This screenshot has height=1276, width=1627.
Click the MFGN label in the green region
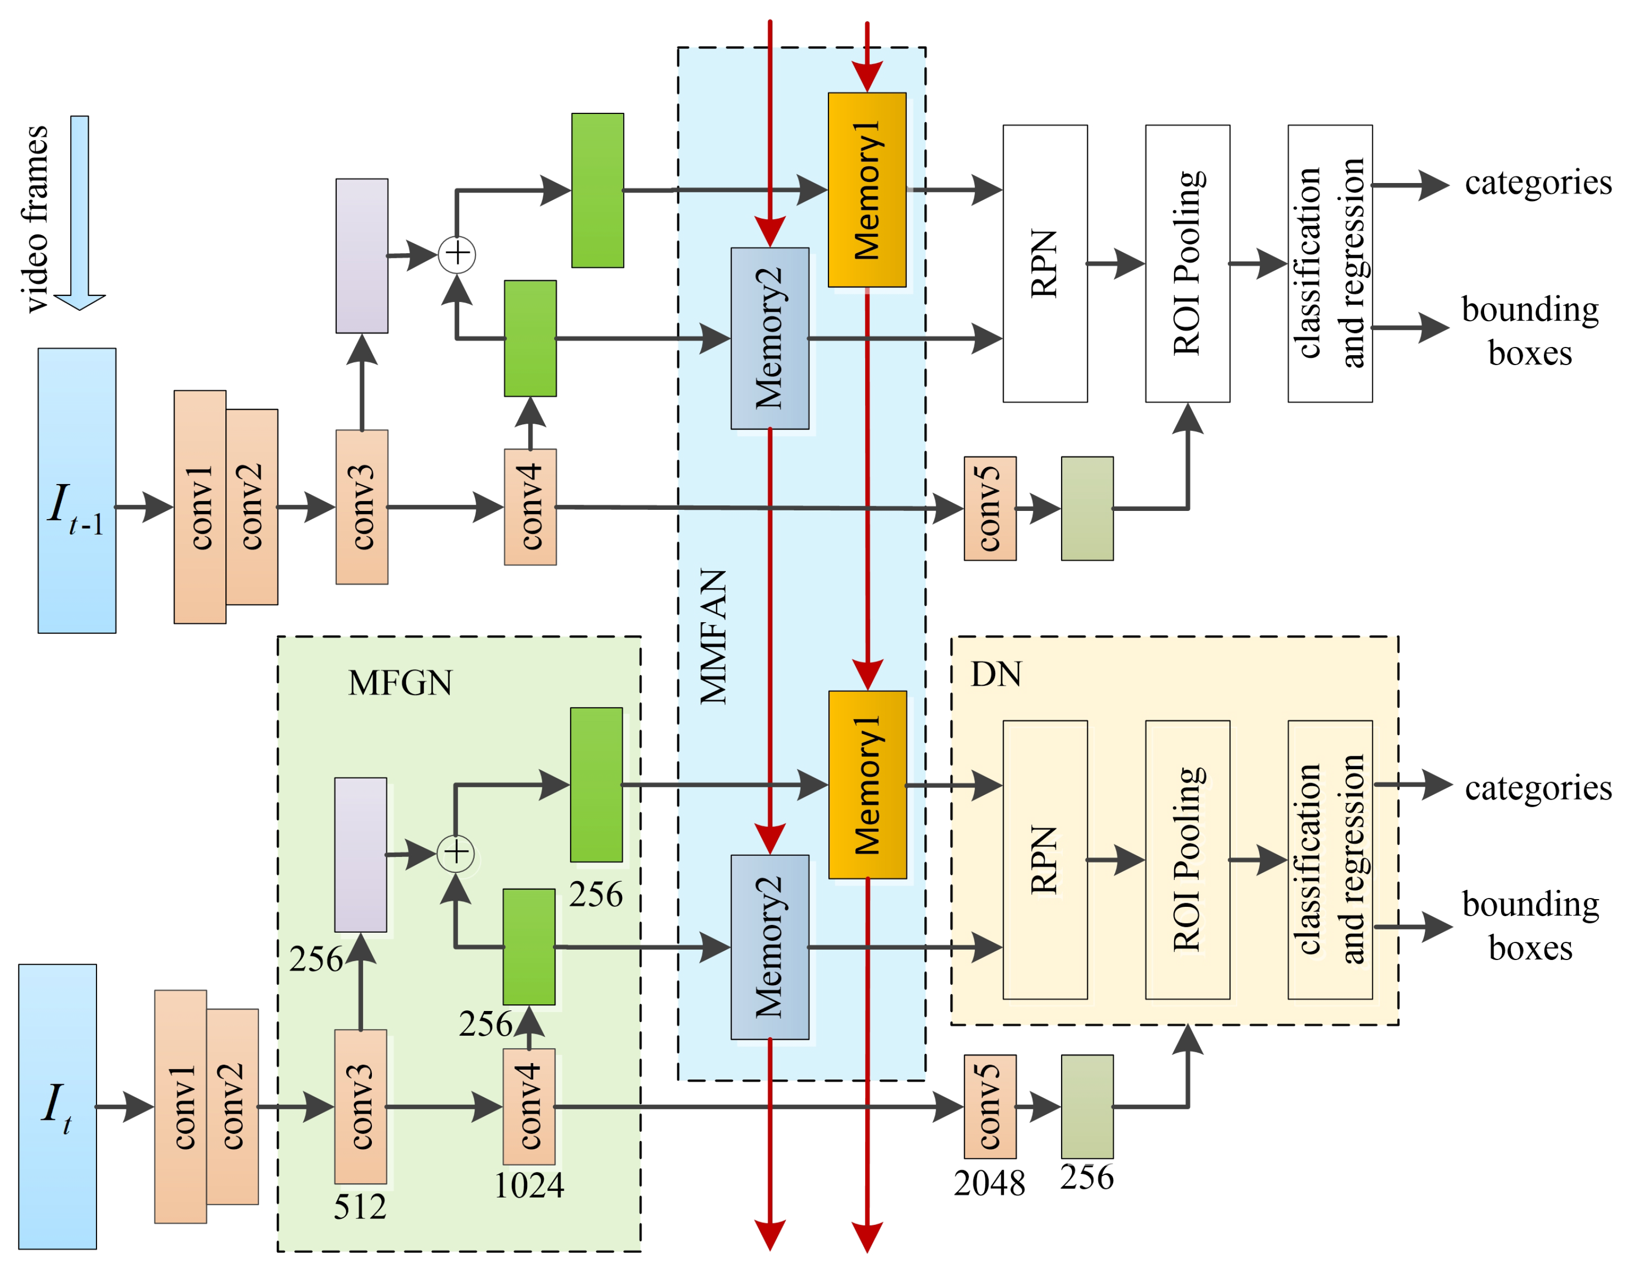pos(399,682)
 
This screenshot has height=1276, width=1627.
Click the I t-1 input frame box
pos(77,490)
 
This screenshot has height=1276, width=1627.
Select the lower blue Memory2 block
pos(769,947)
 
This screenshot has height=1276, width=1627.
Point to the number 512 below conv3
pos(360,1207)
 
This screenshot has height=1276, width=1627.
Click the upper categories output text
pos(1537,183)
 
